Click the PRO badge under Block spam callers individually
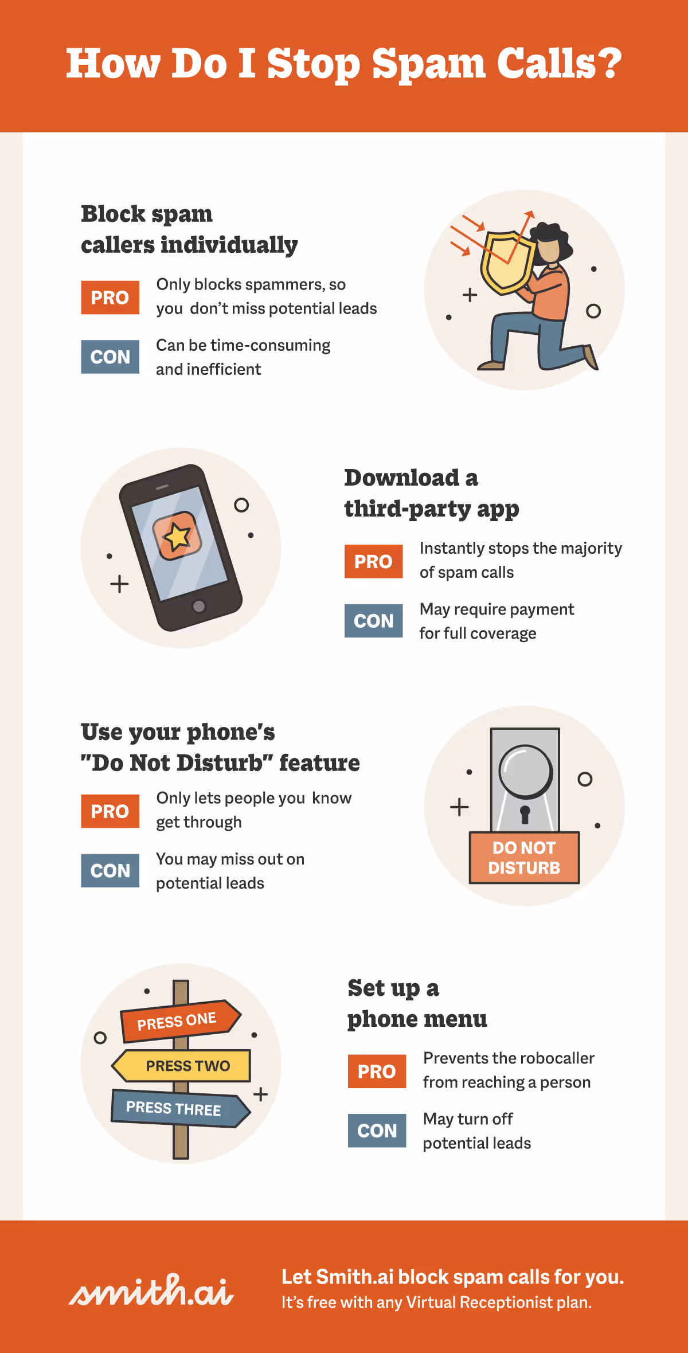click(x=110, y=298)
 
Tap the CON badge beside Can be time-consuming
click(x=110, y=357)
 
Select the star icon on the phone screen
click(x=177, y=537)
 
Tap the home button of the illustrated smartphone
click(x=199, y=606)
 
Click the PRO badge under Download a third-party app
click(x=373, y=561)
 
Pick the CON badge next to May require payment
click(x=373, y=620)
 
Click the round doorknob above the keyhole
click(x=526, y=771)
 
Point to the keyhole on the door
click(x=525, y=814)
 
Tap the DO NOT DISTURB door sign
click(x=524, y=858)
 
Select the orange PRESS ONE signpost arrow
click(x=180, y=1021)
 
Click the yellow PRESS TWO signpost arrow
click(x=181, y=1066)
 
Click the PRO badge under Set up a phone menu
click(x=377, y=1071)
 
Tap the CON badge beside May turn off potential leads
click(x=377, y=1130)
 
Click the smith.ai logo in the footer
click(x=151, y=1290)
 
